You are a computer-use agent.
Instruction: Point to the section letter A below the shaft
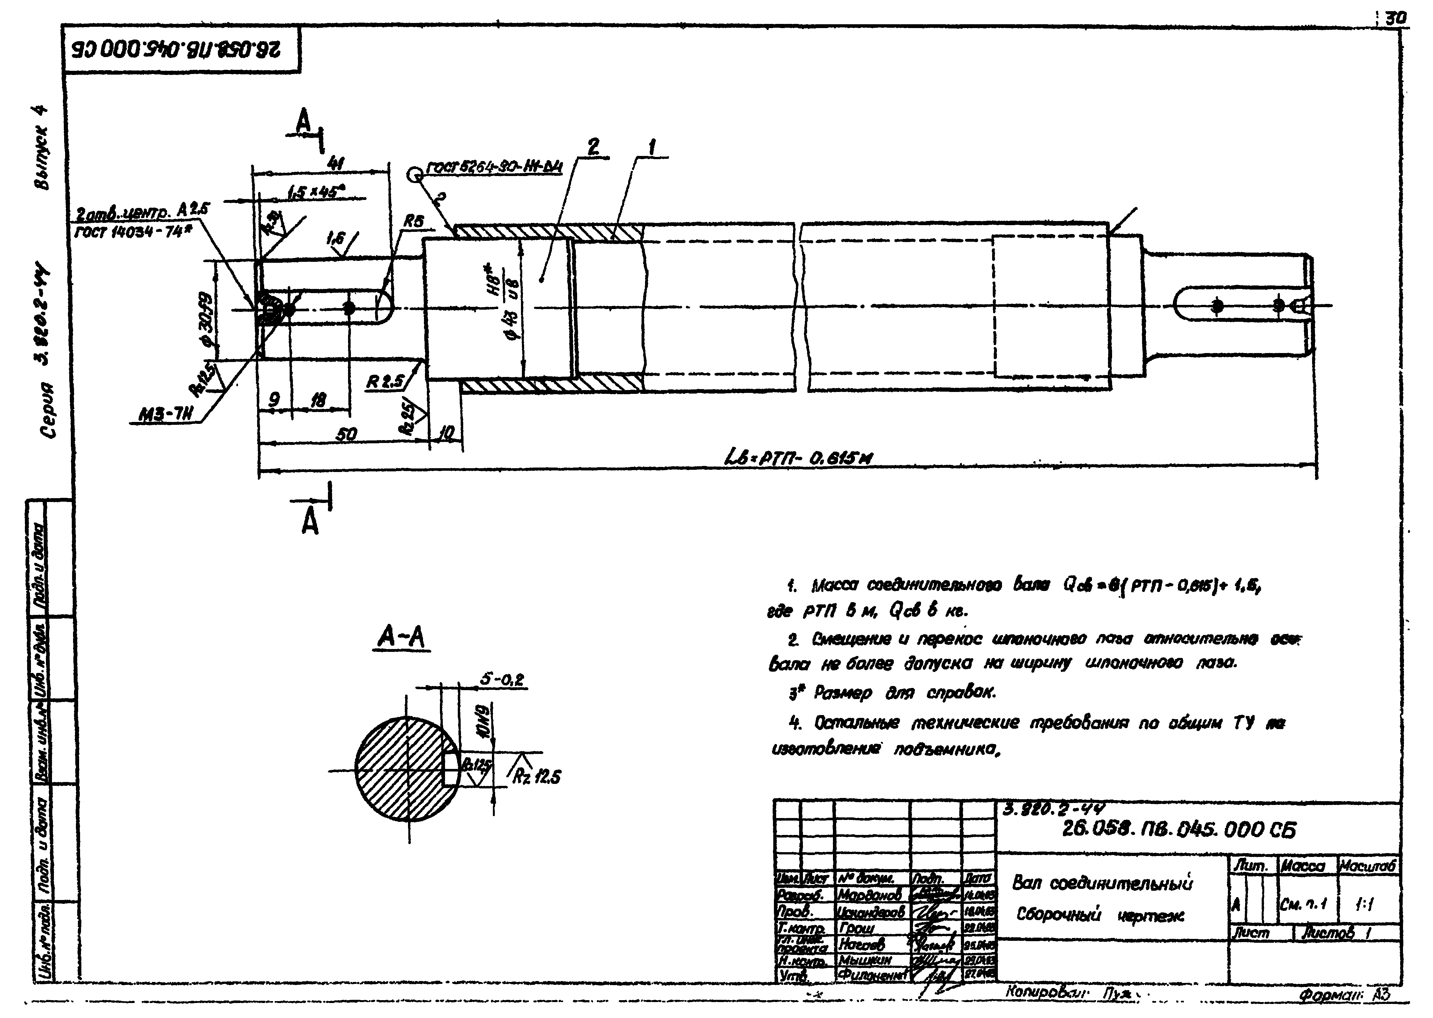tap(310, 521)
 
